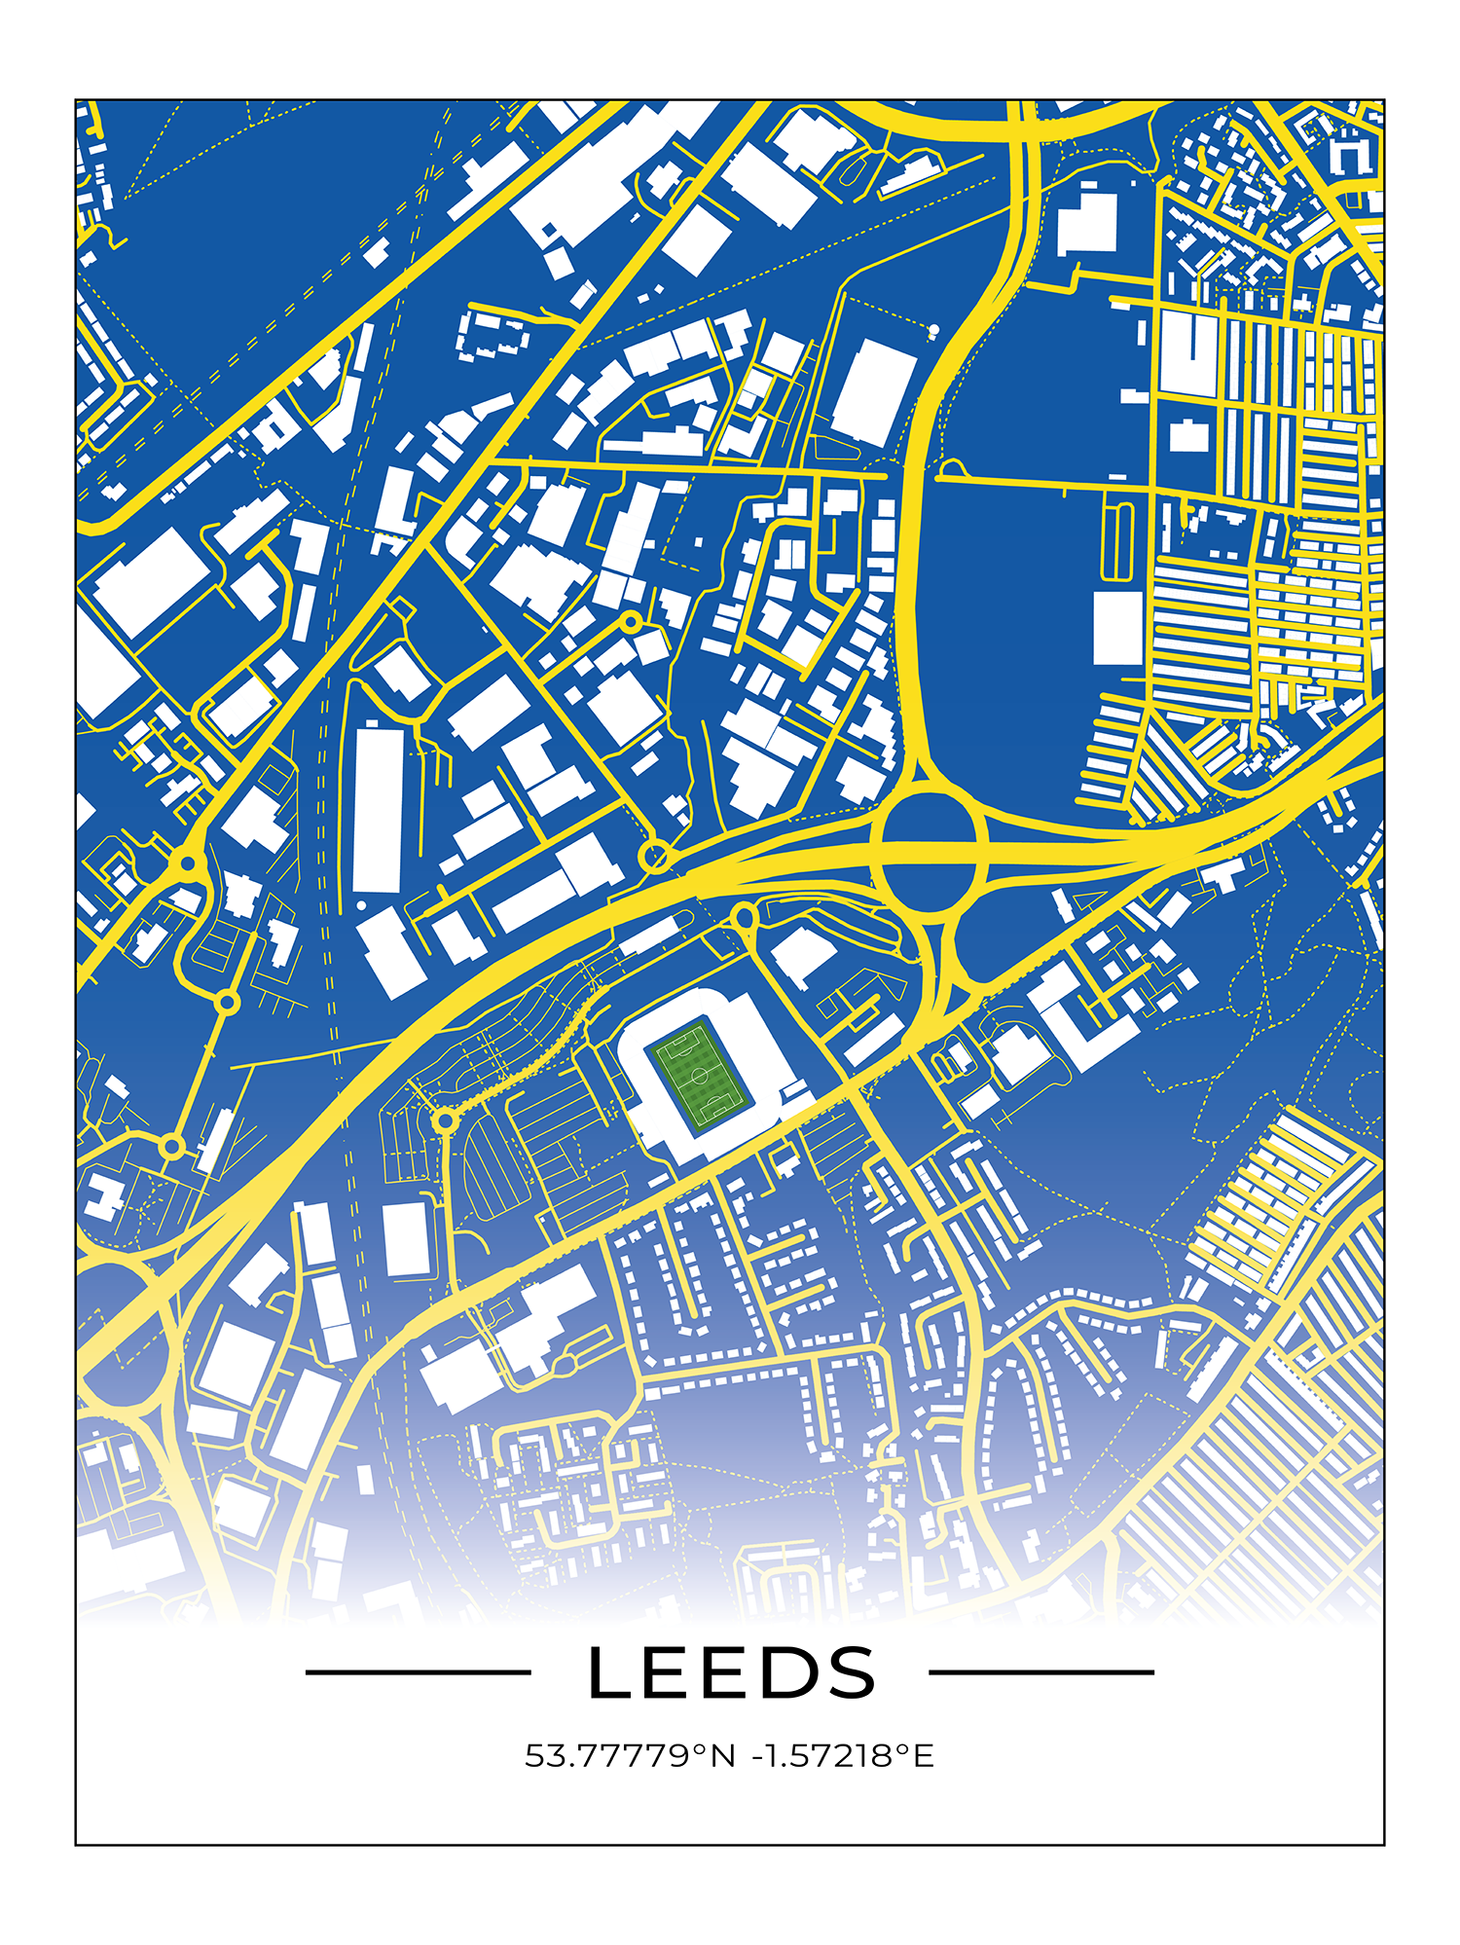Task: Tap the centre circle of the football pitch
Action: point(700,1075)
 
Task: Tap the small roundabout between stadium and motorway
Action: point(744,916)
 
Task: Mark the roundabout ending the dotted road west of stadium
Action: point(445,1121)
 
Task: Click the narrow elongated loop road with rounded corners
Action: point(1117,541)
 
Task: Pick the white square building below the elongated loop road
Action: point(1117,628)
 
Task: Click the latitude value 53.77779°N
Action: point(629,1755)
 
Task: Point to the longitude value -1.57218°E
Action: point(843,1755)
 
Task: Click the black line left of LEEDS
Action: point(419,1672)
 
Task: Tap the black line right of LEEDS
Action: point(1041,1672)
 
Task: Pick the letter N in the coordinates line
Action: point(723,1755)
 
